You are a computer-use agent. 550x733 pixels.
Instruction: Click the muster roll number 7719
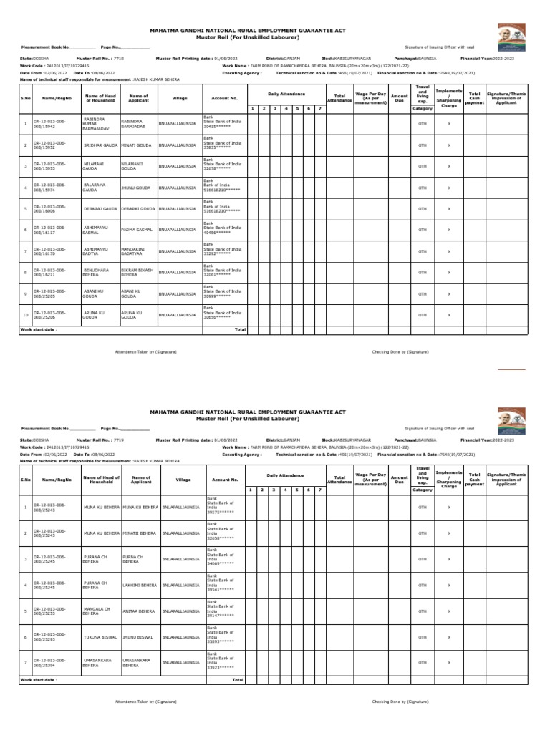coord(119,439)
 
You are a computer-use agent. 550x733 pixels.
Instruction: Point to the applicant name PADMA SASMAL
coord(137,230)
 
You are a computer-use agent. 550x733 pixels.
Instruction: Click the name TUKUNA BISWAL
coord(100,635)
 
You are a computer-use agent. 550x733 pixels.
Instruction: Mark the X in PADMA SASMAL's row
coord(449,230)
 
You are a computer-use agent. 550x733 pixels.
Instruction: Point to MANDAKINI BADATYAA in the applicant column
coord(136,251)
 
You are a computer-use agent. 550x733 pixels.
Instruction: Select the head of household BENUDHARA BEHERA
coord(97,272)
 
